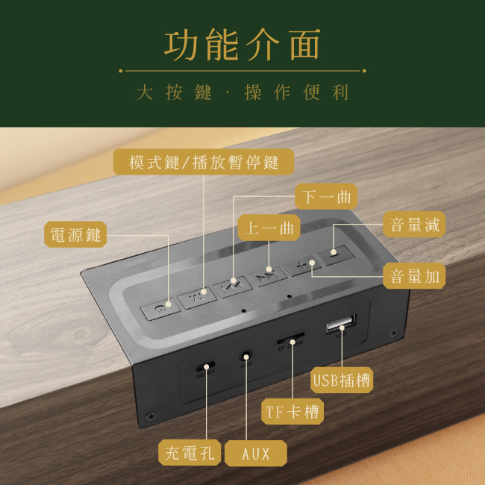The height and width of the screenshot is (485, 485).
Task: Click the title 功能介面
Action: pyautogui.click(x=242, y=44)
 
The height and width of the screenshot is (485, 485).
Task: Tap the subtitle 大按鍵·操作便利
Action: pyautogui.click(x=242, y=93)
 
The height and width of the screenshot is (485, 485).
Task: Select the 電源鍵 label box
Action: pyautogui.click(x=75, y=234)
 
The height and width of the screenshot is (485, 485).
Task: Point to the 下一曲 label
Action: pyautogui.click(x=326, y=197)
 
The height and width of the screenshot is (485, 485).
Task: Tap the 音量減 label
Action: pyautogui.click(x=415, y=224)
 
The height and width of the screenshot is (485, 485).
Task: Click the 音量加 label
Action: pyautogui.click(x=415, y=276)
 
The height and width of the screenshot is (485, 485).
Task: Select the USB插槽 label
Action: pyautogui.click(x=342, y=380)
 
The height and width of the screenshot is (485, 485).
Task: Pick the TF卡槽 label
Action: pyautogui.click(x=292, y=411)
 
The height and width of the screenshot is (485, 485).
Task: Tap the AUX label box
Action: pyautogui.click(x=255, y=452)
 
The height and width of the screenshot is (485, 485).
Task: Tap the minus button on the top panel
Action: pyautogui.click(x=333, y=255)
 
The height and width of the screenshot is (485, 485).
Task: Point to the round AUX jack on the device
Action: pyautogui.click(x=244, y=358)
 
